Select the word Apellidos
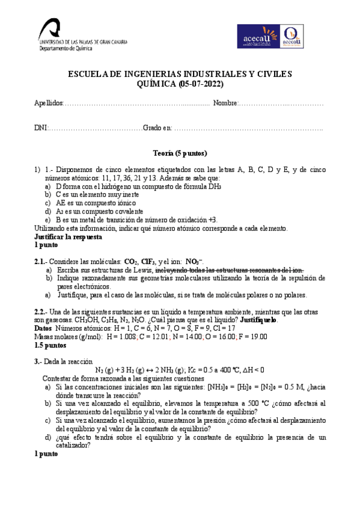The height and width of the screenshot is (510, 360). (x=49, y=104)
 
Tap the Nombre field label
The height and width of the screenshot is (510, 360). (x=225, y=104)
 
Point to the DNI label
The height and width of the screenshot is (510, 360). (x=40, y=127)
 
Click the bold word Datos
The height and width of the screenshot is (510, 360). (x=43, y=329)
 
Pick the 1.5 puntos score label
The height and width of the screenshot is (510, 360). (x=50, y=346)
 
